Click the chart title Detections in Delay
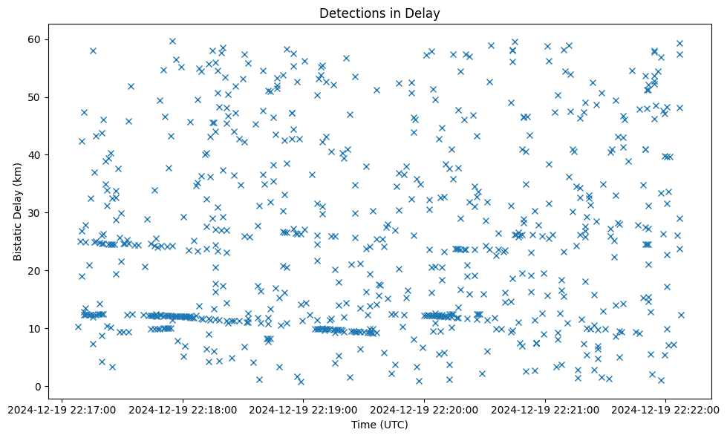coord(379,13)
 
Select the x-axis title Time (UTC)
coord(379,425)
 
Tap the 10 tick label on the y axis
coord(33,329)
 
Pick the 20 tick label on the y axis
coord(33,271)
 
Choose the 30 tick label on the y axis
coord(33,213)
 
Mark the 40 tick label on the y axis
coord(33,155)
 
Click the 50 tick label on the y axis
coord(33,97)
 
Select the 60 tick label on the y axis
coord(33,39)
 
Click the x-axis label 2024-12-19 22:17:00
coord(62,408)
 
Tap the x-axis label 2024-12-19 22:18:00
coord(183,408)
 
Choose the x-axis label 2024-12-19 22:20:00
coord(424,408)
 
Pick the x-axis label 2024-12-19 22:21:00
coord(545,408)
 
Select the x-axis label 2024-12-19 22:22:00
coord(665,408)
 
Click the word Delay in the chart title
coord(423,13)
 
